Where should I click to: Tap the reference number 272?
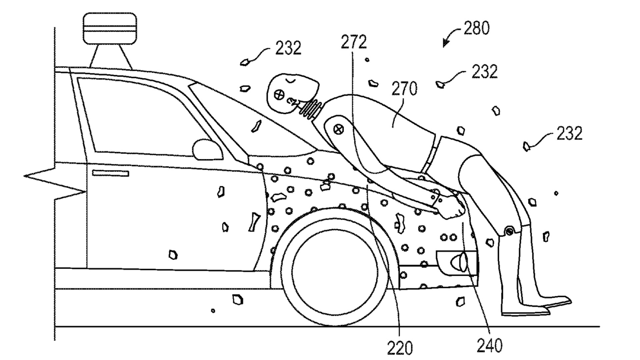354,42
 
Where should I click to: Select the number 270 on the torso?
404,89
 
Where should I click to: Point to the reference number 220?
400,347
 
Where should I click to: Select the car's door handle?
110,173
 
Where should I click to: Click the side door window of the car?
140,117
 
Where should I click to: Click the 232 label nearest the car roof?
288,48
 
